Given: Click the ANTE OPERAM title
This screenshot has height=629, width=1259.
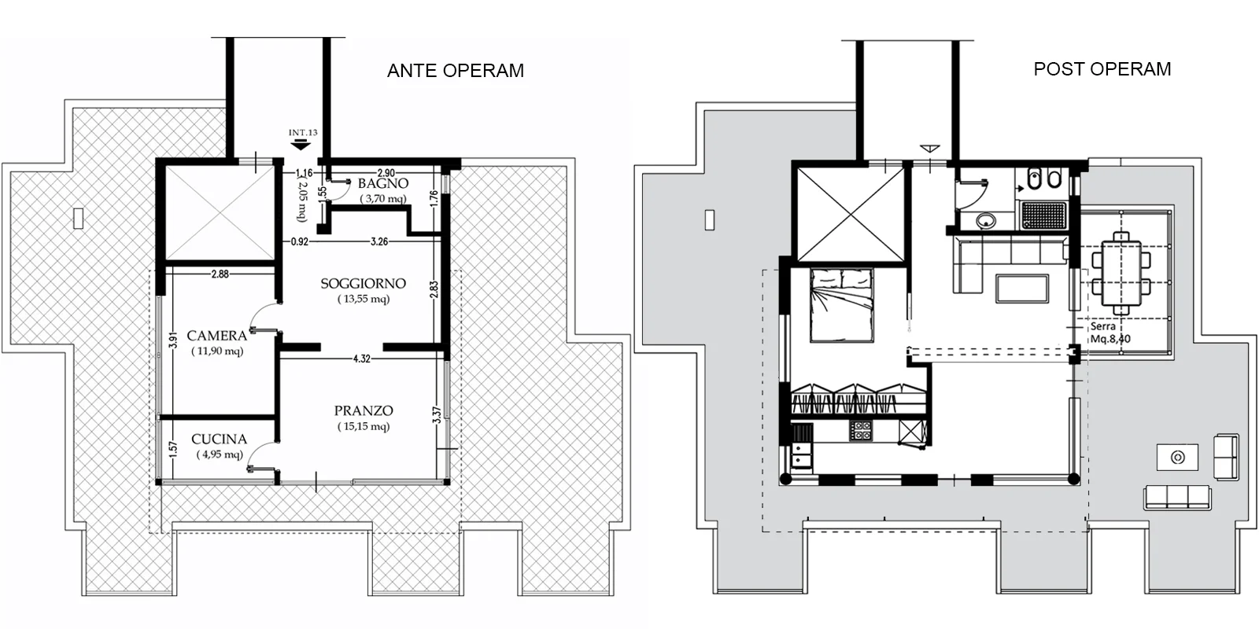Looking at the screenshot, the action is (456, 71).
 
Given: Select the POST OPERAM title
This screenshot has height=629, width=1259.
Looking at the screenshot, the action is (1102, 69).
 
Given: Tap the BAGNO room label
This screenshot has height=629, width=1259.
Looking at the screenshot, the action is (382, 184).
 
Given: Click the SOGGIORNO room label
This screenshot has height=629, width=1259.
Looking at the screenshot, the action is (363, 284).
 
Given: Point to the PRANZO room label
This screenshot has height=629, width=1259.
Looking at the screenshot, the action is (364, 411).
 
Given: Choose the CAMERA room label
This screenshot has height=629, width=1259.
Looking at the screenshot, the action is (217, 336).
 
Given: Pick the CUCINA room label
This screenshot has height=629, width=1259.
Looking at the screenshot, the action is (220, 440).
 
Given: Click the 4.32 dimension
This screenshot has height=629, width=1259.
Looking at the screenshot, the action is (361, 359).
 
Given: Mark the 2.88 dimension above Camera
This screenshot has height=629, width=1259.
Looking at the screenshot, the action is (220, 274).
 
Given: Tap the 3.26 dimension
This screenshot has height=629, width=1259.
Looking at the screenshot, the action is (378, 242).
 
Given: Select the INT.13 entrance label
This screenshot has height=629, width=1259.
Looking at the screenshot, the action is (303, 133).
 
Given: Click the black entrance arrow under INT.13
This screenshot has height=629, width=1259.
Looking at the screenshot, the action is (301, 145).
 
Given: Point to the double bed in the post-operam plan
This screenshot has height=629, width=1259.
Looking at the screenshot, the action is (841, 305).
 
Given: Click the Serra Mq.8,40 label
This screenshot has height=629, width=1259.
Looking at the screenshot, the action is (1109, 333).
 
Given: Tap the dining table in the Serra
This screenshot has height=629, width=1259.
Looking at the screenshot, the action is (1121, 273).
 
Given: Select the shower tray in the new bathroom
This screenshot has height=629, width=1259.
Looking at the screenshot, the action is (1043, 215).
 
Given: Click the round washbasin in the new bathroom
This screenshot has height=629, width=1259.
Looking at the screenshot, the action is (986, 221).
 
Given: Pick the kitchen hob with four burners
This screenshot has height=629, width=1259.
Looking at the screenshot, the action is (860, 432).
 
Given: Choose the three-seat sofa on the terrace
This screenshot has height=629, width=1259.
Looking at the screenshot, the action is (1177, 498).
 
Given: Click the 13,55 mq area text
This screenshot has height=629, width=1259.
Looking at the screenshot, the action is (363, 299).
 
